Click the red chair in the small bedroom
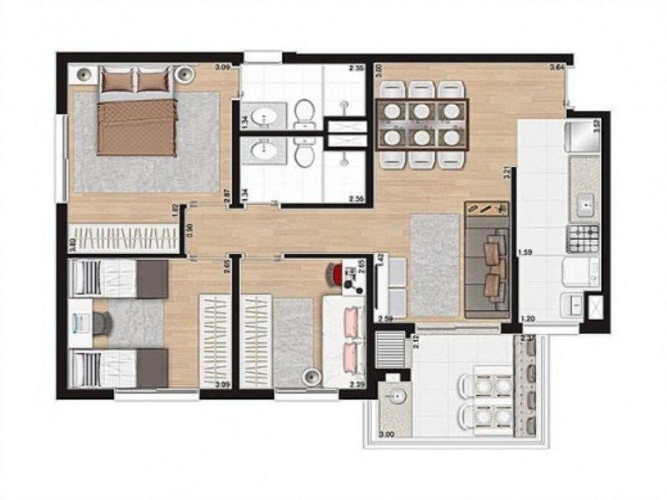click(336, 272)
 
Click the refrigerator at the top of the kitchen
click(581, 136)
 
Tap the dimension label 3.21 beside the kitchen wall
click(507, 175)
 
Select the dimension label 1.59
click(525, 252)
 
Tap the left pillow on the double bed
click(116, 81)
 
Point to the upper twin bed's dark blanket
click(151, 277)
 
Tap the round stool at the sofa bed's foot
click(313, 377)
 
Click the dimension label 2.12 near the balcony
click(414, 339)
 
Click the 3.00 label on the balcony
click(387, 435)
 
